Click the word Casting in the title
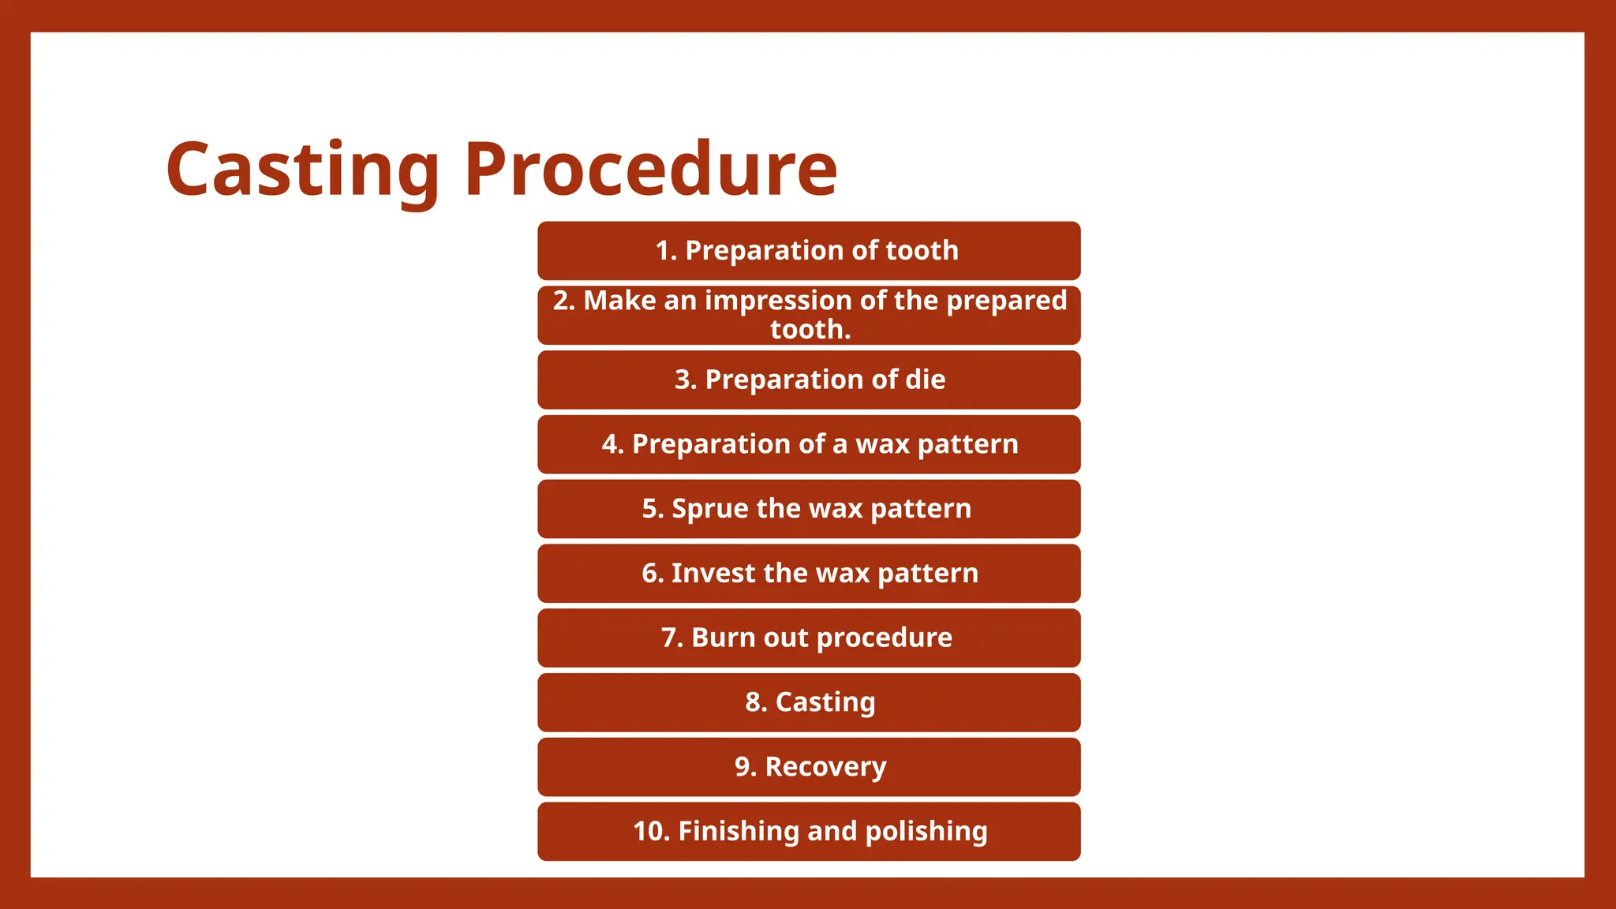point(302,169)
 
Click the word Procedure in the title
point(650,169)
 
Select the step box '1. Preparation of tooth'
point(809,251)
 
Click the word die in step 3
point(926,380)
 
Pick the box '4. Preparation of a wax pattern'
point(809,444)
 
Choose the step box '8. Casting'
point(809,702)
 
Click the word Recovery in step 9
point(825,767)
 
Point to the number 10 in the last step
point(649,831)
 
